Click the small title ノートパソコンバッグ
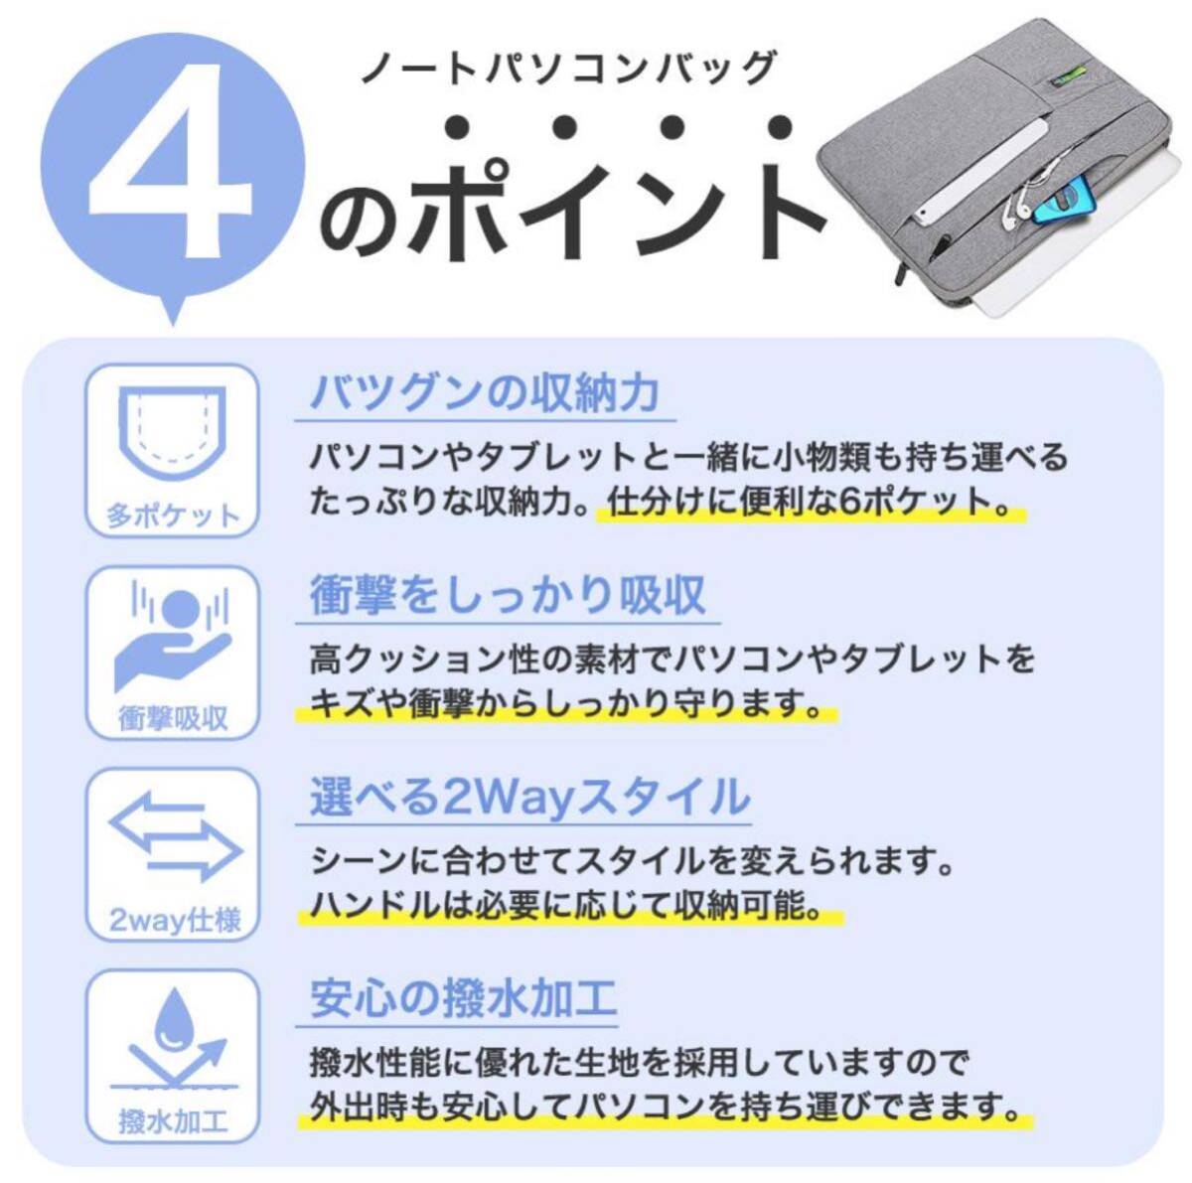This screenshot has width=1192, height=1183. pyautogui.click(x=566, y=69)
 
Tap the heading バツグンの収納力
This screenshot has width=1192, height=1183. pyautogui.click(x=485, y=393)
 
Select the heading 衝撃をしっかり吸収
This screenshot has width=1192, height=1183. pyautogui.click(x=508, y=595)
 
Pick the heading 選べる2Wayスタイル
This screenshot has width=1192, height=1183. pyautogui.click(x=529, y=798)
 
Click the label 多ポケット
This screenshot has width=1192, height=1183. pyautogui.click(x=173, y=516)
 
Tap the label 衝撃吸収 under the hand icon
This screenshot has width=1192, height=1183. pyautogui.click(x=173, y=717)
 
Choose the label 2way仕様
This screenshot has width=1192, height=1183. pyautogui.click(x=174, y=920)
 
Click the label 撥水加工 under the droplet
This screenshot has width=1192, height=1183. pyautogui.click(x=173, y=1122)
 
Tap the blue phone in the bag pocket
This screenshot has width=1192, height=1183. pyautogui.click(x=1065, y=207)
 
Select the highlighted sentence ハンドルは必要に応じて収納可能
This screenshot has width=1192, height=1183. pyautogui.click(x=566, y=905)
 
